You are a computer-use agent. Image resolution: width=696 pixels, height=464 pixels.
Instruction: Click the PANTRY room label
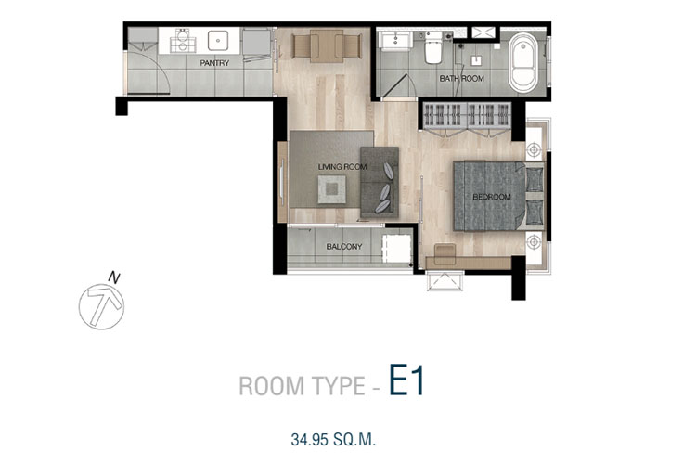point(214,63)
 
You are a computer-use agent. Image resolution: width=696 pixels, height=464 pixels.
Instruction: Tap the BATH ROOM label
point(461,79)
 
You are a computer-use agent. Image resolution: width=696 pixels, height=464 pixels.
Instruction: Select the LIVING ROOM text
point(342,167)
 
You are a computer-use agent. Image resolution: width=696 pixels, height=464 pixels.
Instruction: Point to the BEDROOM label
point(492,197)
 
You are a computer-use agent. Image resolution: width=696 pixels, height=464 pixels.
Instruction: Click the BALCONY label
point(344,247)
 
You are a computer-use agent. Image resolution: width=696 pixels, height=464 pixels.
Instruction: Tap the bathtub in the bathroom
point(523,62)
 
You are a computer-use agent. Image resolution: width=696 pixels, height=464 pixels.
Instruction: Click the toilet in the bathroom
point(432,46)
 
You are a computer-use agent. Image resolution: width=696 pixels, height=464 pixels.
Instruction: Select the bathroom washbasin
point(396,41)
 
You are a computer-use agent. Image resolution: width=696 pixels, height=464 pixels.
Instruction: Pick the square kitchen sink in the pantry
point(218,41)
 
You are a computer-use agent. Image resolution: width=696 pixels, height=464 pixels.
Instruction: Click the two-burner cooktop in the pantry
point(183,41)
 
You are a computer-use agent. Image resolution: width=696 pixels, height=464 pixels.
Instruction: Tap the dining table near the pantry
point(327,45)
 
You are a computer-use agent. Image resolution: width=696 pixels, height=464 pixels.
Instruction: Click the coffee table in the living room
point(332,189)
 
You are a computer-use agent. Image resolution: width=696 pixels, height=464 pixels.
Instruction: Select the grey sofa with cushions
point(380,183)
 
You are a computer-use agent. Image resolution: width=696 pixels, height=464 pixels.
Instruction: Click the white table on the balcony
point(397,248)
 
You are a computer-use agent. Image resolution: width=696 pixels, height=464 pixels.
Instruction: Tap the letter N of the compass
point(114,278)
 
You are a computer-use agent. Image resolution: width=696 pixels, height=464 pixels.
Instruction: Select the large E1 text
point(407,380)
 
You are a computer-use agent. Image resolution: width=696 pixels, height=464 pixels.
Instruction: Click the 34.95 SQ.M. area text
point(333,440)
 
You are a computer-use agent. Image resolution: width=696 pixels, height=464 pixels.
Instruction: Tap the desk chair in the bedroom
point(445,253)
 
